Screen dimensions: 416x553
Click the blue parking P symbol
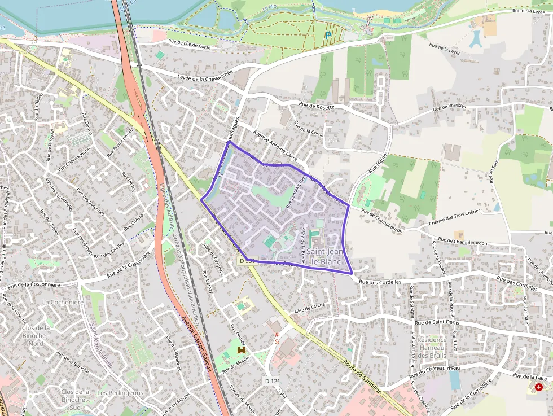tap(328, 35)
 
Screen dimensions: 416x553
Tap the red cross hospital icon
tap(539, 387)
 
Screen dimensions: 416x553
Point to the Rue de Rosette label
tap(317, 106)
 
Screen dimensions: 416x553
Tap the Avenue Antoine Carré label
tap(275, 144)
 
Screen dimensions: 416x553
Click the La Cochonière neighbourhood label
tap(63, 302)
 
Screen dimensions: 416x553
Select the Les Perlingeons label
tap(120, 393)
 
